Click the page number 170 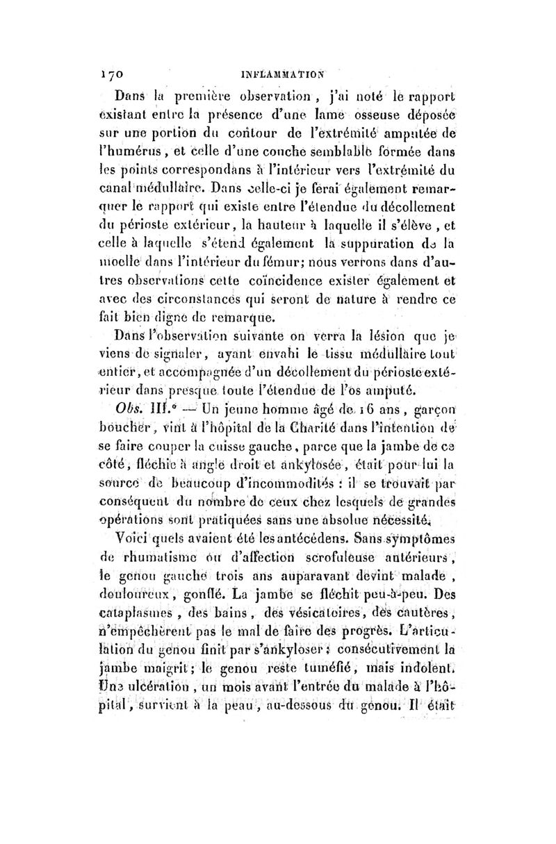110,69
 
